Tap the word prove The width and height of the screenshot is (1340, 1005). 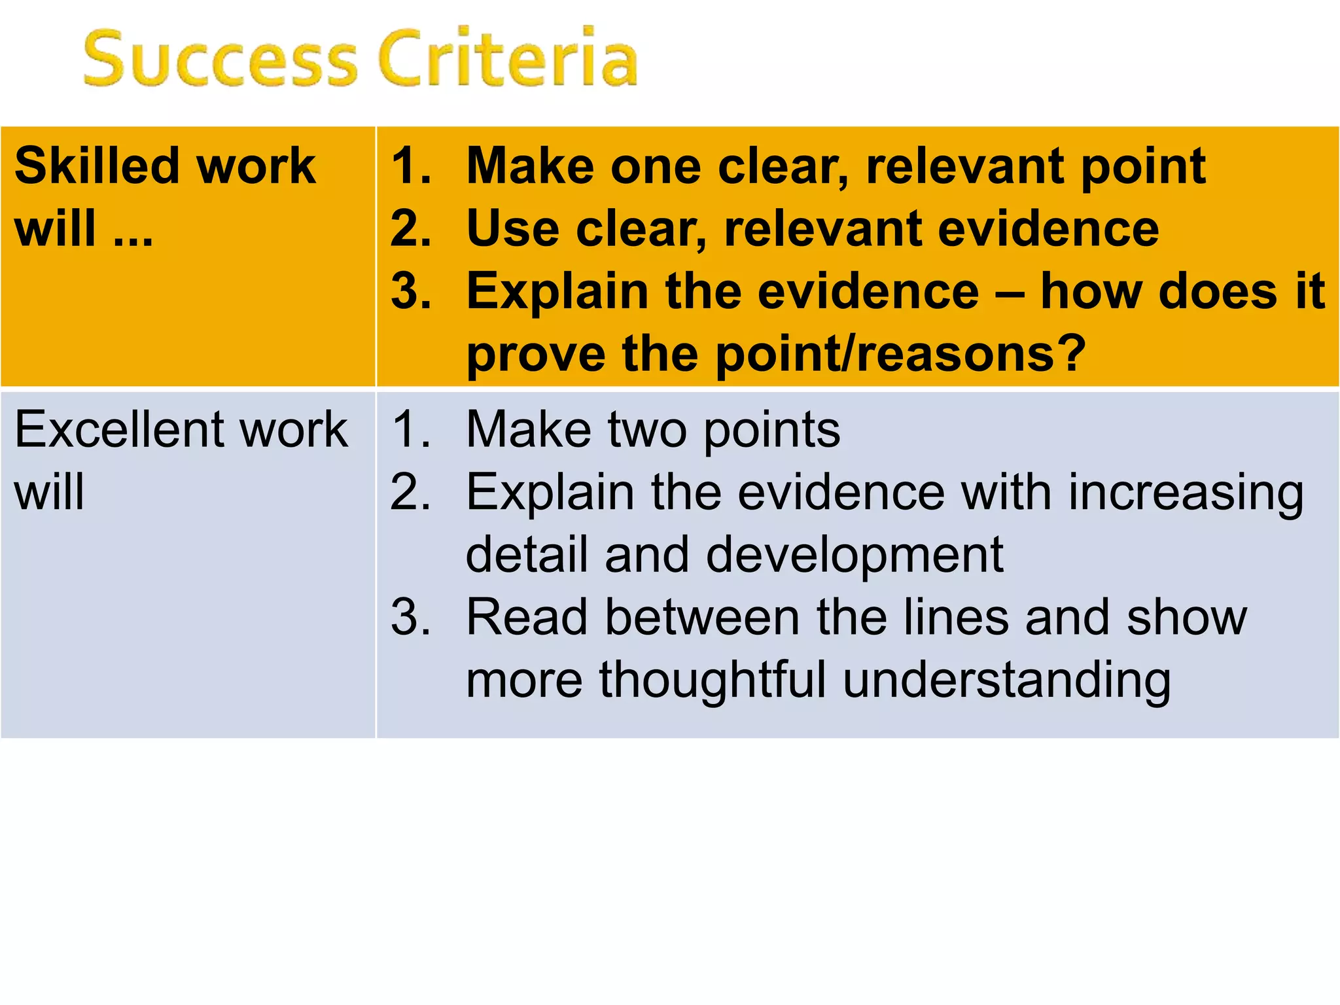[535, 355]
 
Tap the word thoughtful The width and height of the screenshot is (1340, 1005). [713, 680]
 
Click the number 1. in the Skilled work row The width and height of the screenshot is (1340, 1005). [411, 166]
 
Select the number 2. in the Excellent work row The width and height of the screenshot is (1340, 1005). [411, 492]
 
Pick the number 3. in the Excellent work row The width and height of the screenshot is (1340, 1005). [411, 617]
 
